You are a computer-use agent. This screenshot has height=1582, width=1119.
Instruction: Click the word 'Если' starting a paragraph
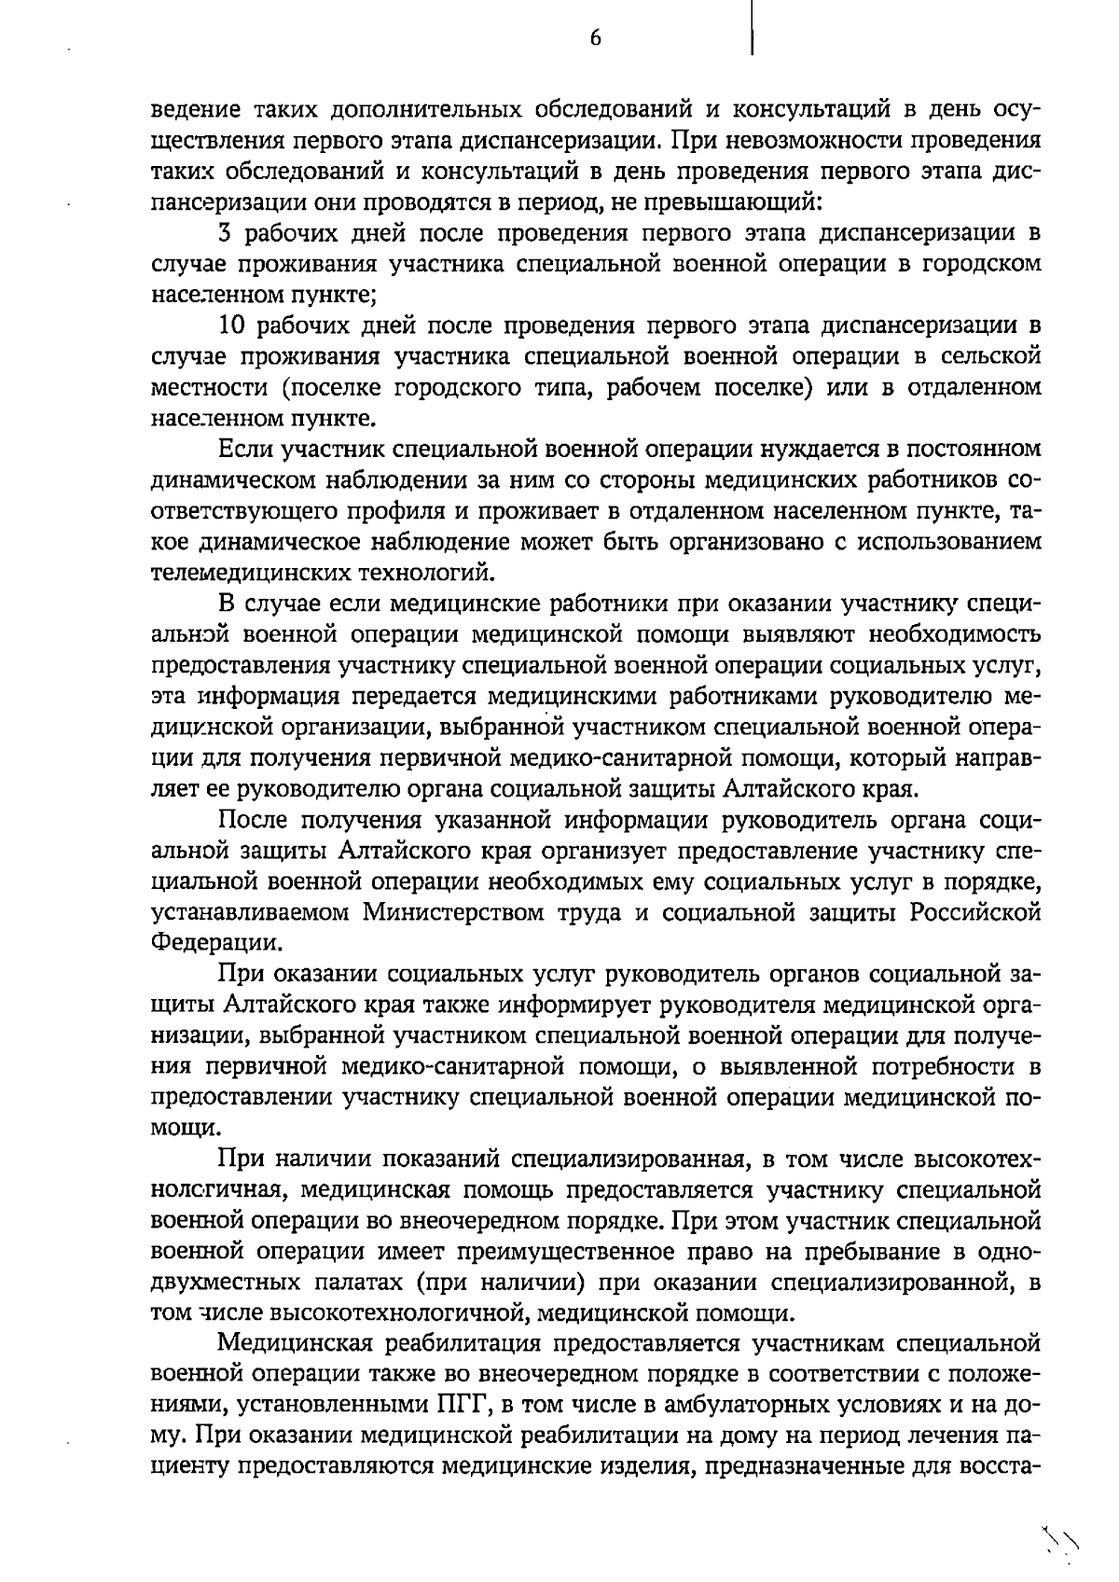[x=245, y=450]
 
